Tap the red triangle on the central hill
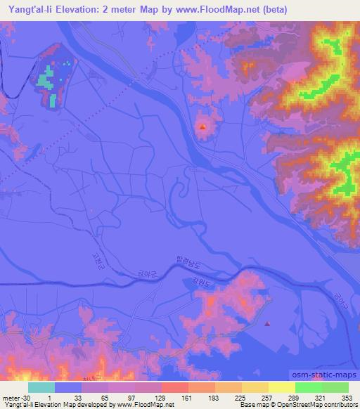(203, 127)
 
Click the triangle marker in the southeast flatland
(267, 323)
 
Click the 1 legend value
(54, 397)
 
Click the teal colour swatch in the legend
(41, 387)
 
